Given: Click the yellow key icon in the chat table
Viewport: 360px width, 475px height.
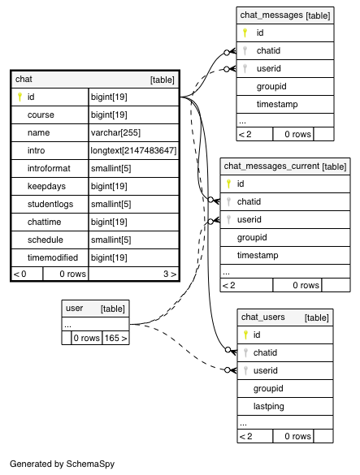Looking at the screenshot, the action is pos(20,97).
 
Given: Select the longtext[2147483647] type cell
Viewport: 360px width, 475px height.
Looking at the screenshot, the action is pos(133,150).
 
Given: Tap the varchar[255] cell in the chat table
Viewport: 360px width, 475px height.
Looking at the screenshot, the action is pos(115,132).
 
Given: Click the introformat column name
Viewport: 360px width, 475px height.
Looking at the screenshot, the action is pos(49,168).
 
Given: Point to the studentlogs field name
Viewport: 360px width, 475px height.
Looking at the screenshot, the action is pos(50,204).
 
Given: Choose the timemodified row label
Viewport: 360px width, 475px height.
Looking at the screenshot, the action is pos(53,257).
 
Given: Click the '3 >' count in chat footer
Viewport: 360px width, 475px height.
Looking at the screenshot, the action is pos(170,274).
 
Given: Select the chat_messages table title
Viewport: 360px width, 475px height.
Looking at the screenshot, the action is pos(271,15).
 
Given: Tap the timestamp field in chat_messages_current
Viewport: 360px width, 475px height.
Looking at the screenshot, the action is pos(258,256).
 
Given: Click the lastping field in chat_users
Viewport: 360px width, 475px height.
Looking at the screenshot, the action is pos(269,407).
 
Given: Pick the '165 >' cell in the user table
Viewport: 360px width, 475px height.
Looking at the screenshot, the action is pos(115,338).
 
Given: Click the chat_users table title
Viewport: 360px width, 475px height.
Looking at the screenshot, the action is pos(263,317).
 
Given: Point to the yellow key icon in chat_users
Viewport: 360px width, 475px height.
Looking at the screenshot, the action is pos(245,335).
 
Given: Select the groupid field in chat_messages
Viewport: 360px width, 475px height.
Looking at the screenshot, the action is pos(271,87).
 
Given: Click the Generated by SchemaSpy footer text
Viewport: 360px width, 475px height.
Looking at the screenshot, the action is pos(63,464).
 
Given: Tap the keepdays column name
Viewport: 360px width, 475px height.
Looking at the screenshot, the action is pos(46,186).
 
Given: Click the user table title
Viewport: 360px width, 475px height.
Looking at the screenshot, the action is pos(74,309).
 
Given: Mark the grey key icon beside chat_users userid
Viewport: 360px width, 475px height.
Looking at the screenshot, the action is pos(245,370).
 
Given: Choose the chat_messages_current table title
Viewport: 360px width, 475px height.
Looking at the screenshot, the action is pos(271,166).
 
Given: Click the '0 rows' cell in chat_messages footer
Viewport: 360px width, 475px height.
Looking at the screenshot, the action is pos(297,134).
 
